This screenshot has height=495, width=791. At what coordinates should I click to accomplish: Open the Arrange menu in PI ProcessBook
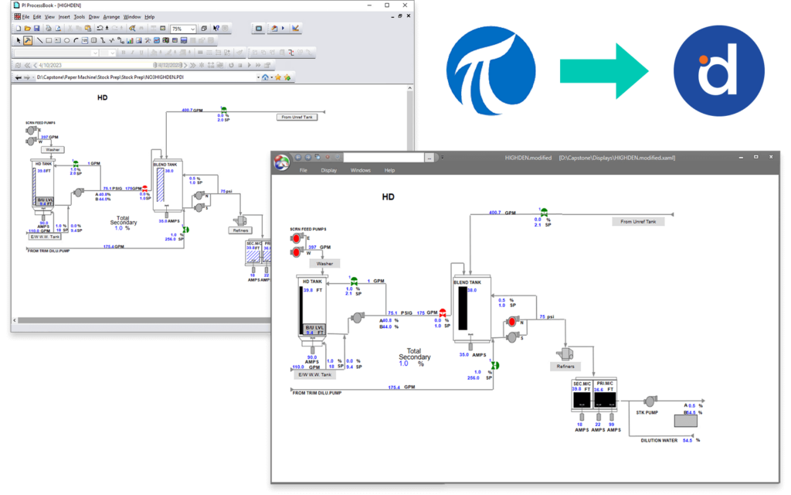(x=111, y=16)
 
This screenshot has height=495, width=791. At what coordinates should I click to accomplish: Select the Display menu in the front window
(x=329, y=170)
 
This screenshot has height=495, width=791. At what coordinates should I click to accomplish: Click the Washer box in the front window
(x=324, y=263)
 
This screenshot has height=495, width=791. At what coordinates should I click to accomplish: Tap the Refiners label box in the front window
(x=563, y=366)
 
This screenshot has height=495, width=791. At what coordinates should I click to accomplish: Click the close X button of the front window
(x=776, y=157)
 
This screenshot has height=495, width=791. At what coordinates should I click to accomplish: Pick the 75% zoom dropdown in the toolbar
(x=182, y=29)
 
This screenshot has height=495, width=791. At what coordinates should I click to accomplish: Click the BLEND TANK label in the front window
(x=467, y=282)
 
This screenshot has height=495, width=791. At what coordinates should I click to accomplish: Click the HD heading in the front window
(x=389, y=197)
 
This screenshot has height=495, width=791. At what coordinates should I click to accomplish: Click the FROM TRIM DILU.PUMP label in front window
(x=317, y=393)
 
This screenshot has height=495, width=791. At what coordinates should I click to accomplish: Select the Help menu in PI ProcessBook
(x=150, y=16)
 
